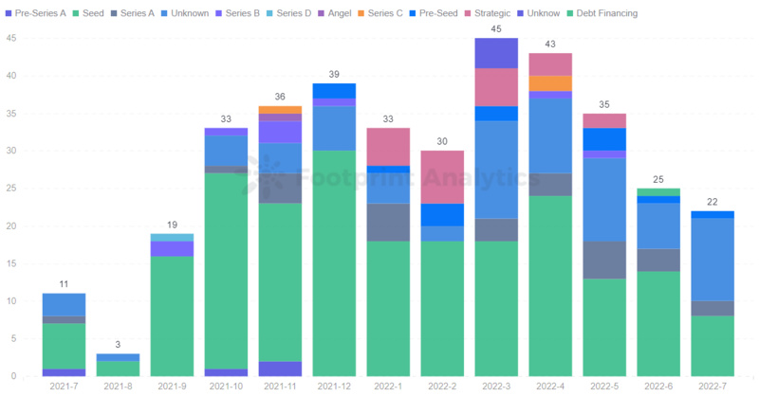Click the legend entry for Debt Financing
point(605,13)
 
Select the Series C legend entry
point(383,13)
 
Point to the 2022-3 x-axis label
point(496,387)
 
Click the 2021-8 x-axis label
point(118,387)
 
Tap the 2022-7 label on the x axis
point(713,387)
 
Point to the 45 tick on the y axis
point(10,38)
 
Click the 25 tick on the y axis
point(10,189)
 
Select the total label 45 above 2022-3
point(496,29)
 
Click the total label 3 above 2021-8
point(118,346)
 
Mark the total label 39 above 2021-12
point(334,75)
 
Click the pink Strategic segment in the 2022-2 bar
point(442,177)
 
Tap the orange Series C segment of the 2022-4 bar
point(550,83)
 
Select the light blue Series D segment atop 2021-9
point(172,237)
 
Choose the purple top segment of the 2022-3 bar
point(496,53)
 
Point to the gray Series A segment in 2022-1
point(388,223)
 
